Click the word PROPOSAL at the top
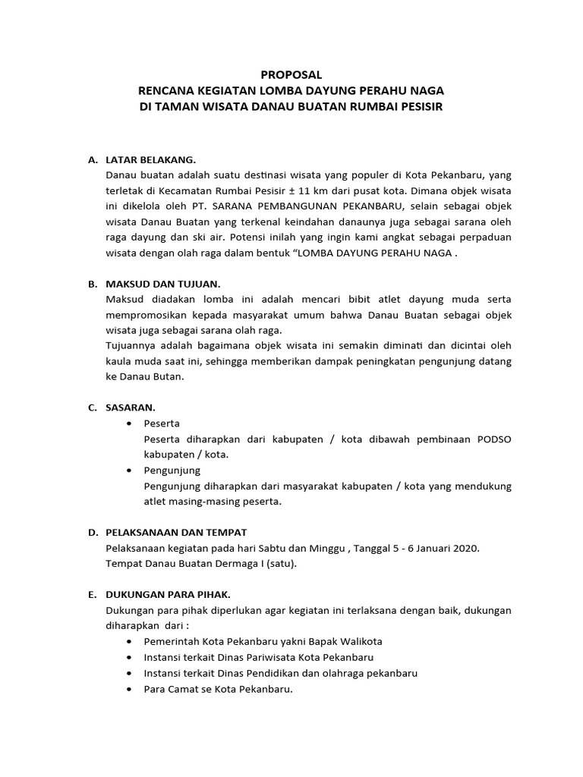coord(291,75)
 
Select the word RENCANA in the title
coord(164,91)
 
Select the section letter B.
coord(91,284)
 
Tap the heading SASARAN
coord(131,407)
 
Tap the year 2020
coord(465,548)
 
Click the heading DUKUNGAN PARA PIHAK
coord(167,594)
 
